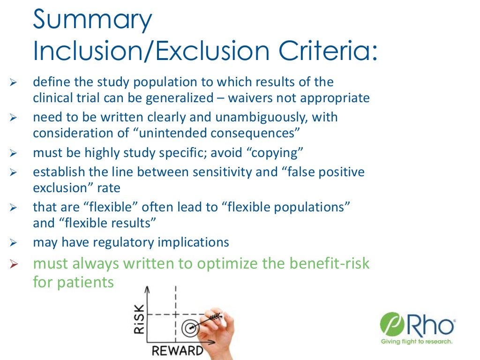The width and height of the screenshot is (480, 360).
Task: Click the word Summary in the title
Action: [92, 21]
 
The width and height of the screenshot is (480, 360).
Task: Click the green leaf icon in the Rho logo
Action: [389, 325]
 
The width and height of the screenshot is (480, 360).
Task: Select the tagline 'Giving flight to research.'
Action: [416, 342]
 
